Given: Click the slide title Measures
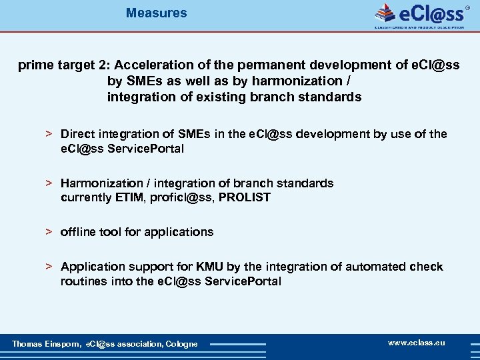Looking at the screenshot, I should click(x=157, y=13).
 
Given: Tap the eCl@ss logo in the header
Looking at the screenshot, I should click(x=420, y=15).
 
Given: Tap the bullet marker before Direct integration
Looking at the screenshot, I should click(x=49, y=134).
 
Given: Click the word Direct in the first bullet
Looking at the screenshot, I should click(x=77, y=134).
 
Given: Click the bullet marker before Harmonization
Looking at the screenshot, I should click(x=49, y=183).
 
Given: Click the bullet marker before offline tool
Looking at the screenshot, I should click(x=49, y=232).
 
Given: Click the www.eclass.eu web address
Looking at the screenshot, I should click(x=417, y=343).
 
